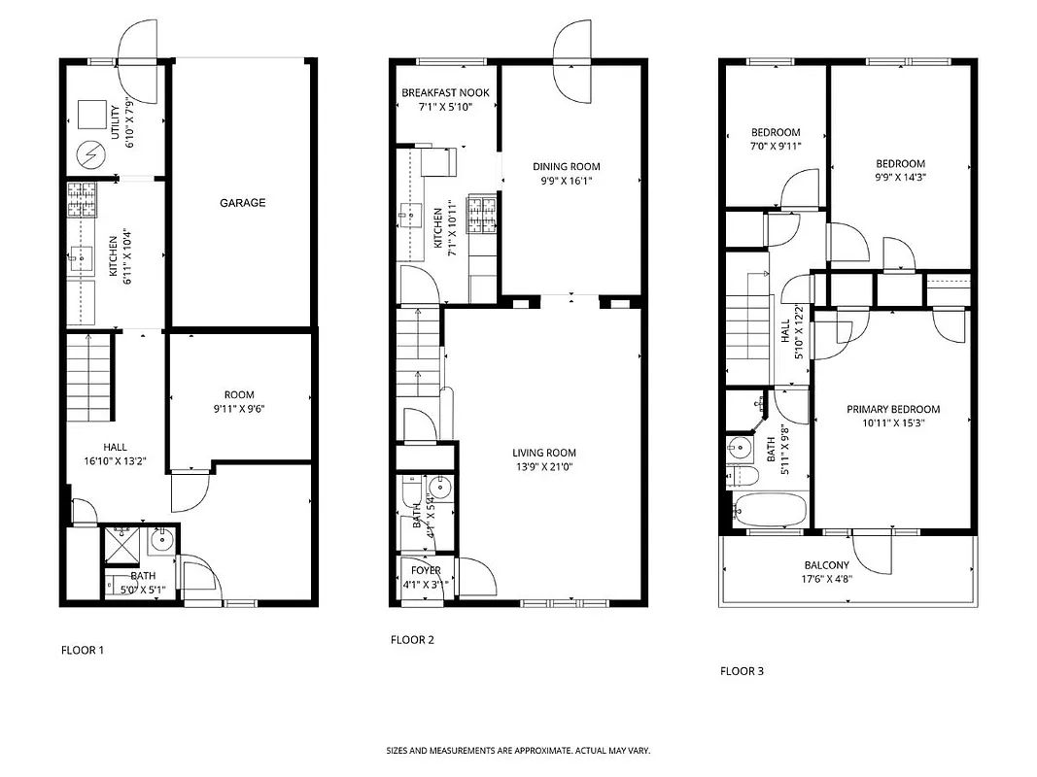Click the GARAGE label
pyautogui.click(x=242, y=203)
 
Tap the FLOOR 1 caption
pyautogui.click(x=83, y=650)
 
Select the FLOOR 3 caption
pyautogui.click(x=742, y=670)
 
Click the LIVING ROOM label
pyautogui.click(x=544, y=453)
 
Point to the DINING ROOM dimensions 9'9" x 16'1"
pyautogui.click(x=566, y=181)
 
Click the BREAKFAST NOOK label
pyautogui.click(x=445, y=93)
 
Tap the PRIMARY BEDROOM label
pyautogui.click(x=893, y=410)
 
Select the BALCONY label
pyautogui.click(x=826, y=565)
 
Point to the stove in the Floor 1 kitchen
pyautogui.click(x=83, y=200)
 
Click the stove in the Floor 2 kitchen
pyautogui.click(x=481, y=215)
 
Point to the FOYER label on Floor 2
pyautogui.click(x=426, y=570)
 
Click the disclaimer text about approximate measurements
pyautogui.click(x=518, y=751)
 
